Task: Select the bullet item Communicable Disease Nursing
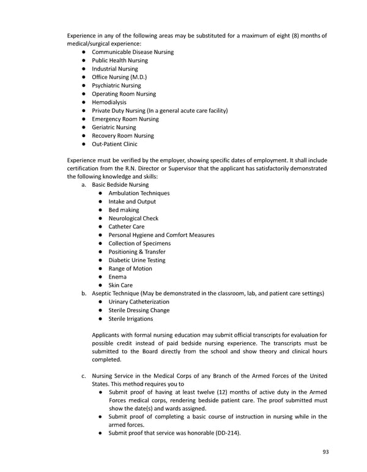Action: tap(132, 52)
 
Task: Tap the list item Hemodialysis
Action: tap(109, 102)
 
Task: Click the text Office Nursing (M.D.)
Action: tap(119, 77)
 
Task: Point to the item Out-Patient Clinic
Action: tap(114, 144)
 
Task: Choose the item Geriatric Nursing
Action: tap(114, 127)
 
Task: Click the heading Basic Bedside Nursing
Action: tap(120, 184)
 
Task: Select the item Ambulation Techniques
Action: tap(139, 193)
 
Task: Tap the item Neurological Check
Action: tap(133, 218)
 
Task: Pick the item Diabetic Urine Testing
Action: tap(136, 260)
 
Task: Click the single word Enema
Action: tap(117, 277)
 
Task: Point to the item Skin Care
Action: tap(120, 285)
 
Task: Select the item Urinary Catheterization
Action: tap(139, 302)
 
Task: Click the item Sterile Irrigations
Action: tap(131, 319)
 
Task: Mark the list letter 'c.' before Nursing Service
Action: tap(84, 375)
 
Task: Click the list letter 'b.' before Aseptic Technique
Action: tap(84, 294)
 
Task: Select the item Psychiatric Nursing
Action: tap(116, 86)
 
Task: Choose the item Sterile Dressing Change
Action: tap(139, 310)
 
